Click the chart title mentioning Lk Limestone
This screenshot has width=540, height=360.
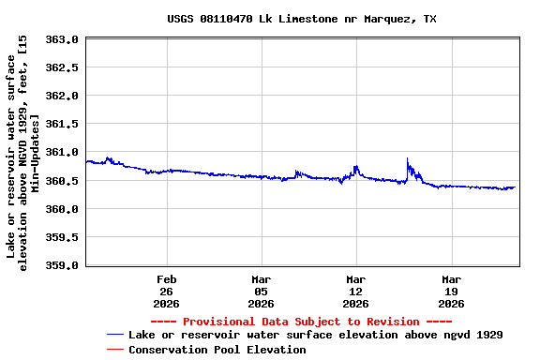(x=302, y=19)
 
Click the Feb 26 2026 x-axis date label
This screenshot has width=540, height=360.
(x=167, y=292)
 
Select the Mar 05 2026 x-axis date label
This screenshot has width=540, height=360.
(x=262, y=292)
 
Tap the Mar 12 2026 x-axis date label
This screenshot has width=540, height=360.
(x=356, y=292)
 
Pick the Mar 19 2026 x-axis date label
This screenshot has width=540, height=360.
(x=451, y=292)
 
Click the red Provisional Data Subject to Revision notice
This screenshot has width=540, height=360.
(x=302, y=322)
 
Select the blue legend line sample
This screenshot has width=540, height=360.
(x=115, y=335)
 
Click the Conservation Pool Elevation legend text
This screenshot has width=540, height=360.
(x=217, y=350)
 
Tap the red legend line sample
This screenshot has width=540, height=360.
(x=115, y=350)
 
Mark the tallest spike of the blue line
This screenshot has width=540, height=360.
(x=407, y=159)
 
